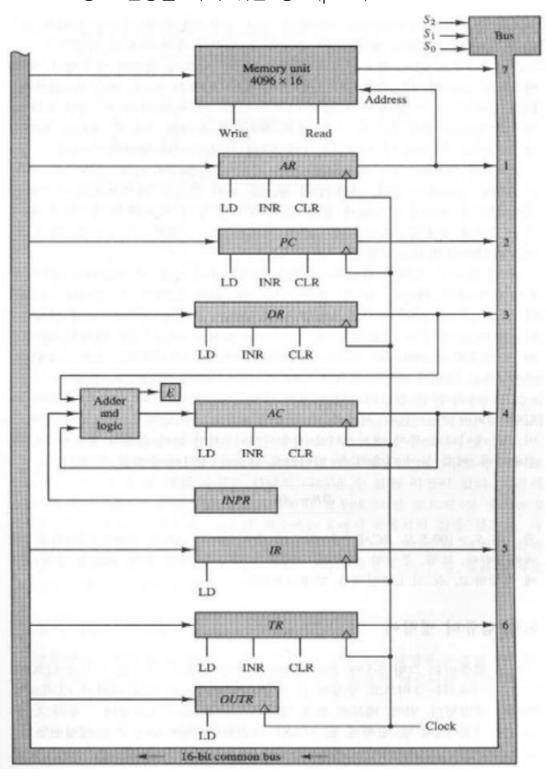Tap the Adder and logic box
click(x=109, y=411)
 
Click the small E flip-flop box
click(x=169, y=391)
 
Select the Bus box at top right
click(x=500, y=36)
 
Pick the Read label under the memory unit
click(x=319, y=132)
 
